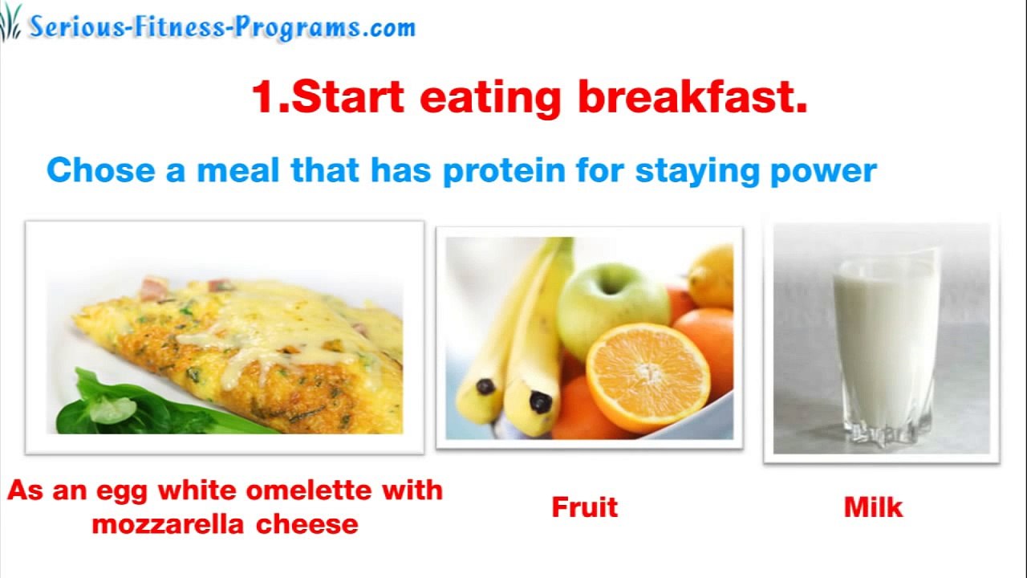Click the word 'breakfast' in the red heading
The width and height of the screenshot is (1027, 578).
pyautogui.click(x=692, y=98)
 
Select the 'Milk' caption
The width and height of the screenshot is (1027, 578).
pyautogui.click(x=873, y=507)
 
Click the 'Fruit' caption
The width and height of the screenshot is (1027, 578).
pyautogui.click(x=584, y=507)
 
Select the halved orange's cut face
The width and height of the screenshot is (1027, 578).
pyautogui.click(x=647, y=376)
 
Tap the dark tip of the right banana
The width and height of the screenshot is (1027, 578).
pyautogui.click(x=541, y=401)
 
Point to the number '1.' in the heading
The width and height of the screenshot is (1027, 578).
pyautogui.click(x=270, y=98)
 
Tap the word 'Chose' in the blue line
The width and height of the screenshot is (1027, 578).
pyautogui.click(x=99, y=171)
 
